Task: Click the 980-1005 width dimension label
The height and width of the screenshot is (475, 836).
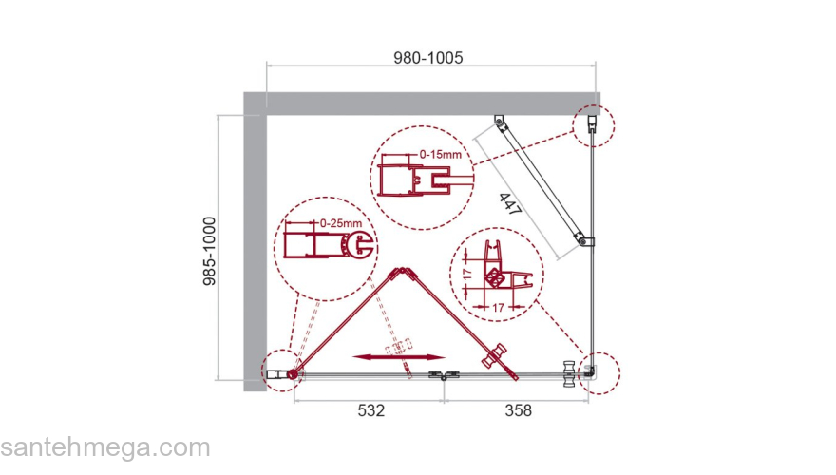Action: [428, 58]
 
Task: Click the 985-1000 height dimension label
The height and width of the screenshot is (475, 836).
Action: [210, 251]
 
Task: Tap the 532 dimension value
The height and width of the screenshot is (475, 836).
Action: [371, 410]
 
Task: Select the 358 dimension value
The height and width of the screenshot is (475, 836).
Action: [519, 410]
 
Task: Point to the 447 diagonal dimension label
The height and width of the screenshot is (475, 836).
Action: [510, 204]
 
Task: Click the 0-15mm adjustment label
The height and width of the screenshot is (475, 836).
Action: [441, 155]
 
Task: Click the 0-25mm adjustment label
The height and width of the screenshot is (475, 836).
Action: [341, 223]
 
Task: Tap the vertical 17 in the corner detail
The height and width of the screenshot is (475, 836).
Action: [467, 275]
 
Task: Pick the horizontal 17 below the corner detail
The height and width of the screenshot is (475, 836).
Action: [498, 308]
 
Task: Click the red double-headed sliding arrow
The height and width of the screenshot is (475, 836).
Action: [399, 357]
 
